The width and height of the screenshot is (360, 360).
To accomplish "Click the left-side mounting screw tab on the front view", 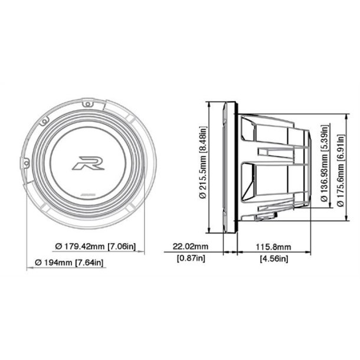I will [x=25, y=161].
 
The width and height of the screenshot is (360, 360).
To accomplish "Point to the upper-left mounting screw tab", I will [x=43, y=121].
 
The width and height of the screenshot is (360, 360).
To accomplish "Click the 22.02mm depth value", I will [x=189, y=246].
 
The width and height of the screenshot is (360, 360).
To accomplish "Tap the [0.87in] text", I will [x=189, y=258].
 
